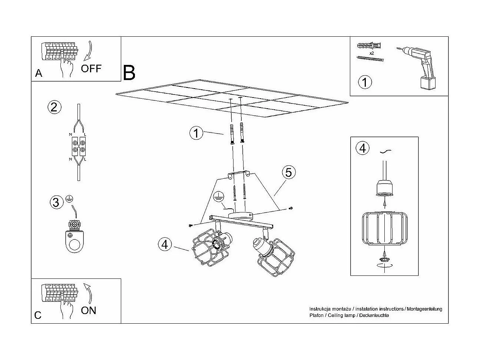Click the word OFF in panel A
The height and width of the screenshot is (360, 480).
click(x=91, y=68)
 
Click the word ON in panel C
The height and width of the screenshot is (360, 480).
click(x=88, y=310)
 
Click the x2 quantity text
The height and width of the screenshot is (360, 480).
click(x=371, y=53)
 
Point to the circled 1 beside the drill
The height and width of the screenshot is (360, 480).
click(x=365, y=82)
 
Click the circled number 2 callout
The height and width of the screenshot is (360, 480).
click(x=54, y=107)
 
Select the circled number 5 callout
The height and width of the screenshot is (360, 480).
click(x=289, y=172)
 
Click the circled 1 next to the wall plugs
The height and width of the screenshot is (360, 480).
click(x=196, y=133)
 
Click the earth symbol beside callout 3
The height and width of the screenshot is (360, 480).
click(x=69, y=199)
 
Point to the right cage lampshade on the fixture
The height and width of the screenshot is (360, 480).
click(x=276, y=258)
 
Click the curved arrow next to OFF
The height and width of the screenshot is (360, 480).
click(x=89, y=51)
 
